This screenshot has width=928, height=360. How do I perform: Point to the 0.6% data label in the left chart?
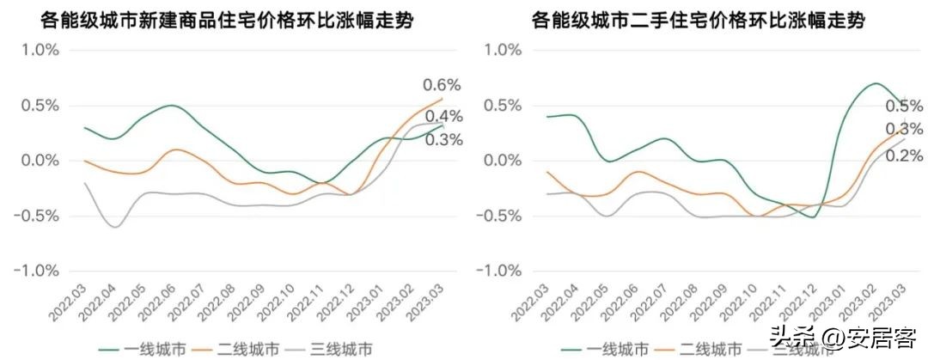click(443, 85)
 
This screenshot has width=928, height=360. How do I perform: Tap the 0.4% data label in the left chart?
click(444, 117)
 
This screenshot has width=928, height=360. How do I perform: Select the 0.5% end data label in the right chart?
click(904, 107)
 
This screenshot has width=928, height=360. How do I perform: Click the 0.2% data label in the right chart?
click(904, 156)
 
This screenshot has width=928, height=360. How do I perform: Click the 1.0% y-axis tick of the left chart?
click(40, 50)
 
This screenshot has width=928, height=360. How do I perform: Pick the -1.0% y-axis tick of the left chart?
click(37, 271)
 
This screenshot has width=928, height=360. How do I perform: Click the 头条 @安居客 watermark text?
click(846, 335)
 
